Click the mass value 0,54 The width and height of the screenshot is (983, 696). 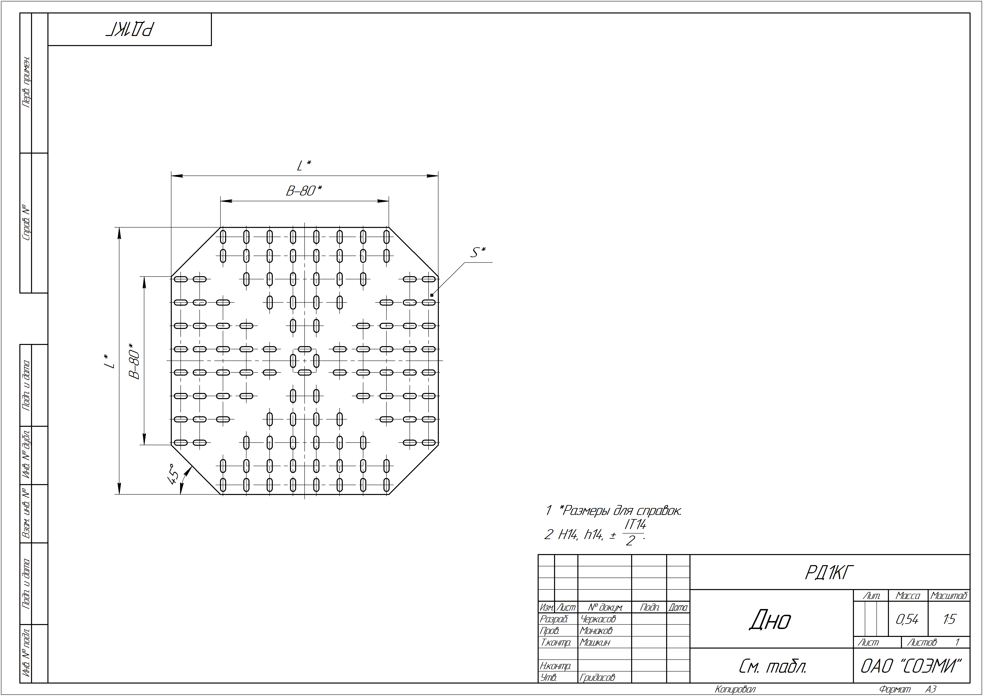[907, 619]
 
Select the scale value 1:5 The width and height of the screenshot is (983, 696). [949, 619]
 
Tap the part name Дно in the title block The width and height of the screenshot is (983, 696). [770, 620]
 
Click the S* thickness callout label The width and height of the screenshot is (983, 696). [478, 252]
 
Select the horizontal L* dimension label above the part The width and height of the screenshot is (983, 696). [304, 165]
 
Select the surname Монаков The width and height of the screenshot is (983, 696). [596, 630]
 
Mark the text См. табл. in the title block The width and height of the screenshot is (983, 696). [773, 666]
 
